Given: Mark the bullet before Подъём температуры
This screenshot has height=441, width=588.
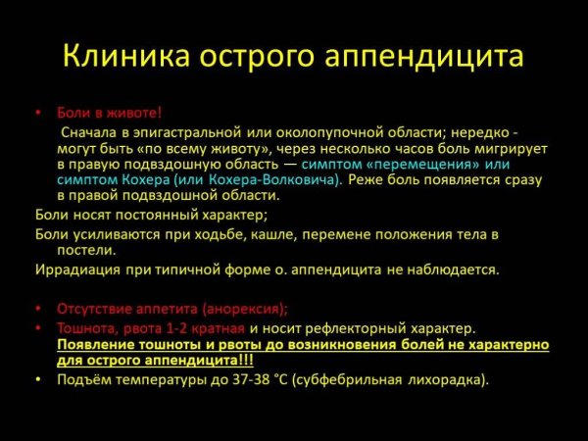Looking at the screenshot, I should pyautogui.click(x=39, y=379).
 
